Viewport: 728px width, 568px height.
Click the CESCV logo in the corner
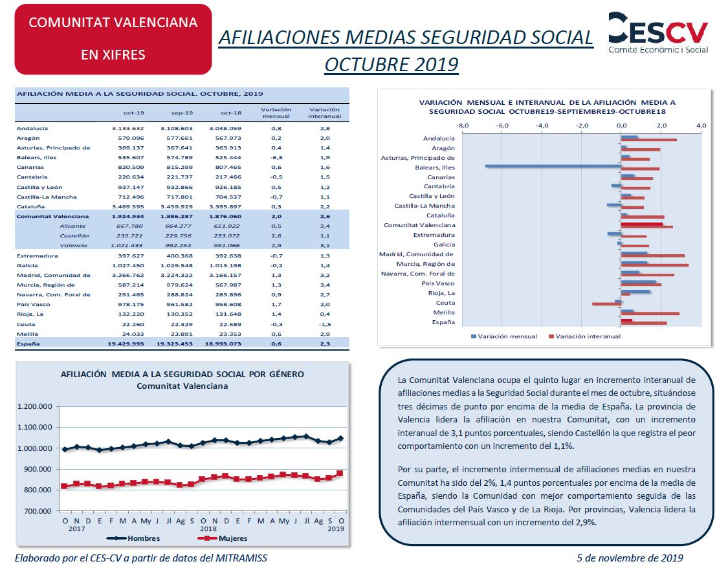pyautogui.click(x=658, y=32)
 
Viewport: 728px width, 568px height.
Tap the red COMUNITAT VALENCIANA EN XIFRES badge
pyautogui.click(x=113, y=39)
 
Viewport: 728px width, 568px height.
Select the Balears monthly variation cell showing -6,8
pyautogui.click(x=276, y=158)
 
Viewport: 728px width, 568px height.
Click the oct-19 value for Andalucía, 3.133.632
pyautogui.click(x=127, y=129)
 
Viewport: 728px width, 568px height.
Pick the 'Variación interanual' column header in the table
pyautogui.click(x=325, y=113)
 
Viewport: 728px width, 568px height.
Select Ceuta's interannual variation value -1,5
pyautogui.click(x=325, y=324)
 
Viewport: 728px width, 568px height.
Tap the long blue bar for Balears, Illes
pyautogui.click(x=553, y=166)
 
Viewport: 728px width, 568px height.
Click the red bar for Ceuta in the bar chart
pyautogui.click(x=607, y=305)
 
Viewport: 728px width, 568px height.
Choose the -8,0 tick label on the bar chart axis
pyautogui.click(x=463, y=126)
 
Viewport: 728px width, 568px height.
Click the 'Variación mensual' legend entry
pyautogui.click(x=504, y=336)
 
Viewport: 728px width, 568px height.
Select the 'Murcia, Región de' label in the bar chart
pyautogui.click(x=426, y=264)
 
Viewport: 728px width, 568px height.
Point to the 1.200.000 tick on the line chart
pyautogui.click(x=35, y=406)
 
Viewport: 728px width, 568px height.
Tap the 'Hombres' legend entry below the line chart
pyautogui.click(x=133, y=538)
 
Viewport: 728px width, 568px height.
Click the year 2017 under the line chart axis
pyautogui.click(x=76, y=529)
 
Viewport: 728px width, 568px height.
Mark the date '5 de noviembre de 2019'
pyautogui.click(x=630, y=558)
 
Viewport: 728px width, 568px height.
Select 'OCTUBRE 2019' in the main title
pyautogui.click(x=392, y=65)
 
